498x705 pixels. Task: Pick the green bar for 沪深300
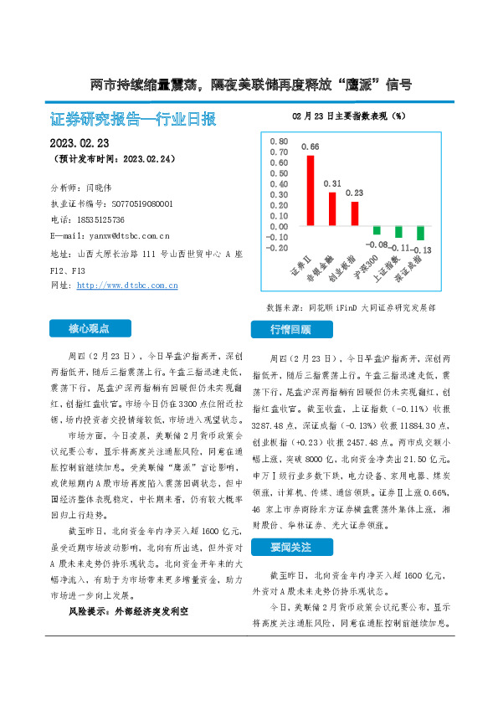377,230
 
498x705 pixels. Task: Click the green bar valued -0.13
420,234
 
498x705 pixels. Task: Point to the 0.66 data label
311,147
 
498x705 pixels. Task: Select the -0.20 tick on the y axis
278,248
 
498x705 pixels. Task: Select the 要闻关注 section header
290,548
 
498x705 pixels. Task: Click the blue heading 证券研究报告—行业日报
133,119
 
